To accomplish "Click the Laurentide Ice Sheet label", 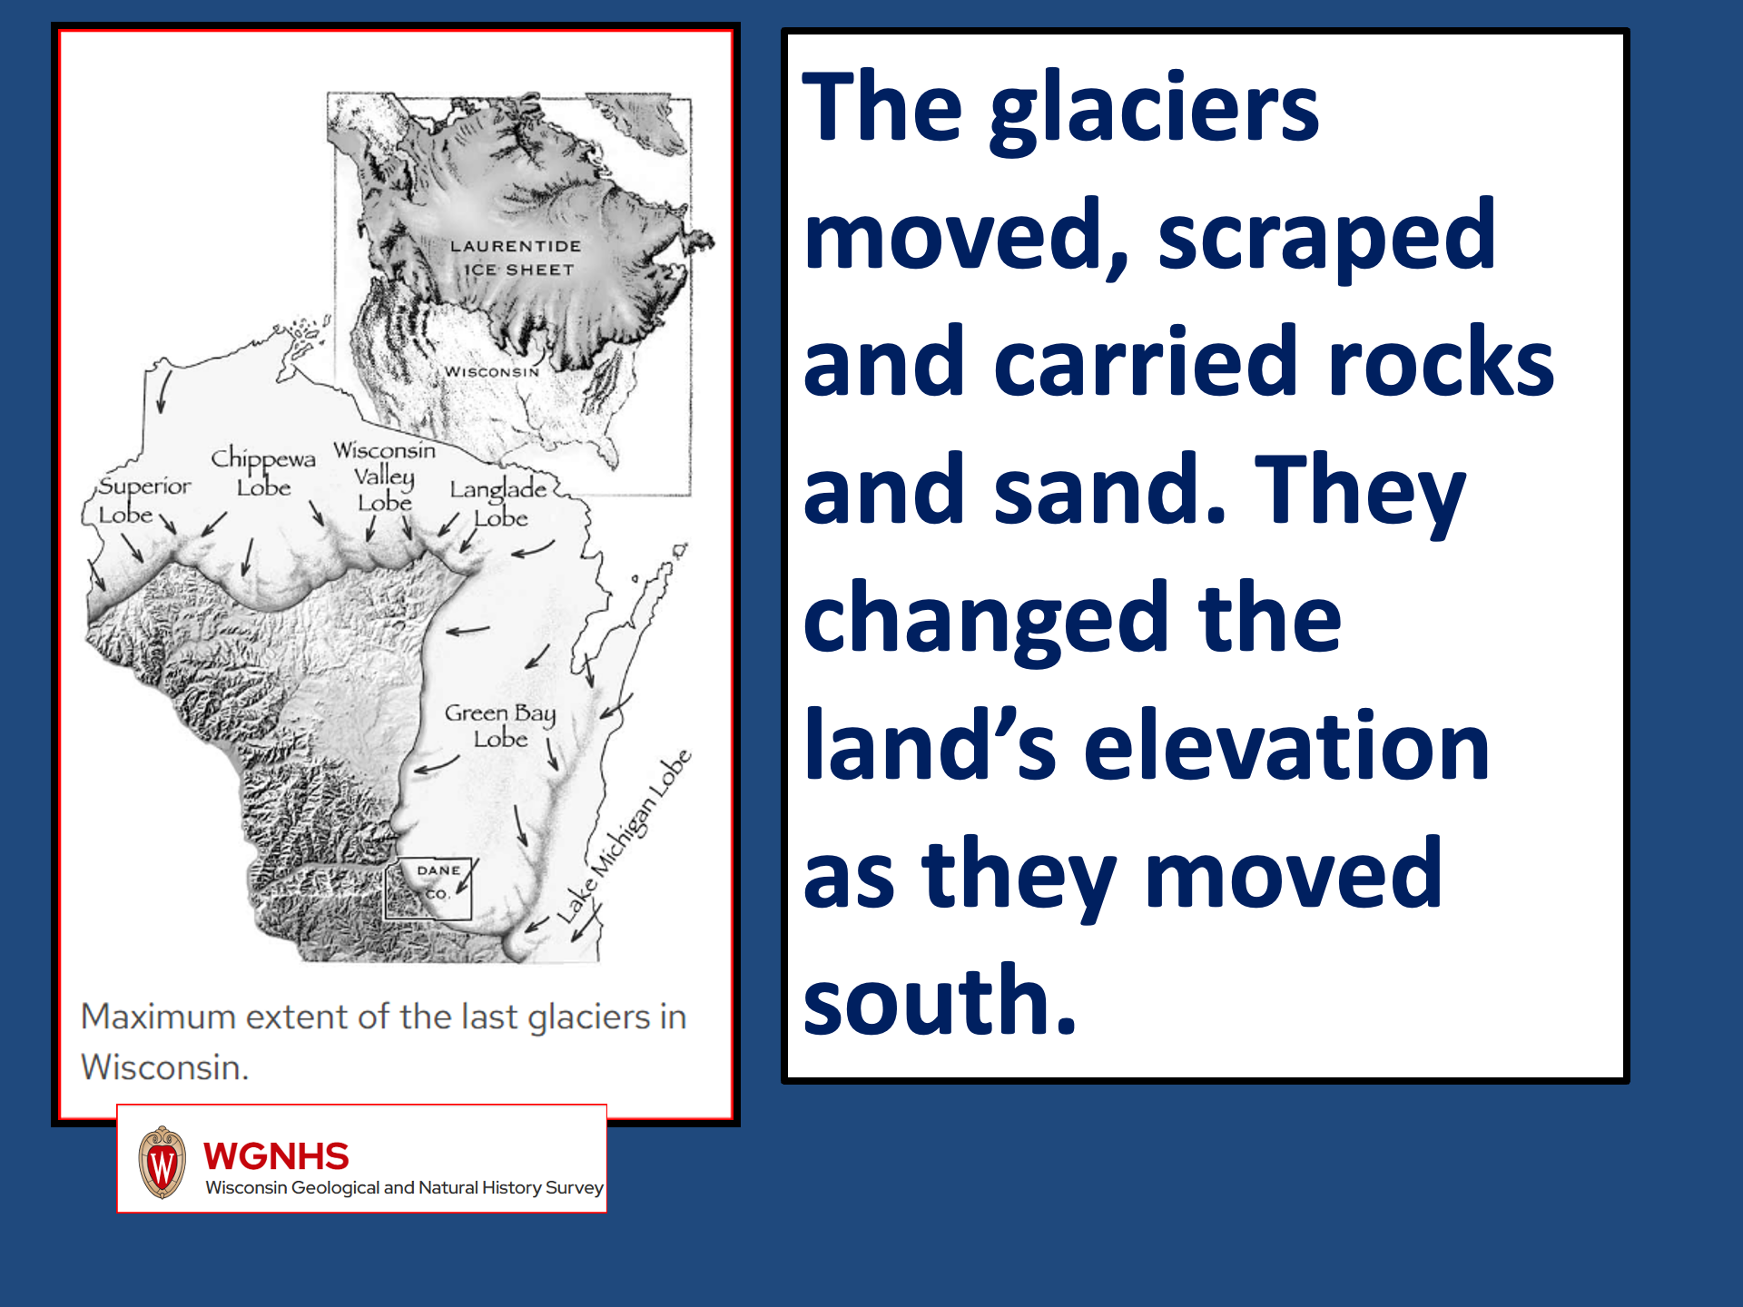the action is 516,258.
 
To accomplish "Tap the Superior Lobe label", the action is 143,499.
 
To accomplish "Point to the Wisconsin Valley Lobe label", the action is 384,477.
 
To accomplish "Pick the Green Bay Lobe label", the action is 500,725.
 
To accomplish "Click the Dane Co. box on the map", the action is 429,889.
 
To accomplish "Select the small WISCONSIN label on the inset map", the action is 491,371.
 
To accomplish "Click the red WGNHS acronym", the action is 276,1156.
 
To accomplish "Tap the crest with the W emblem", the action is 162,1162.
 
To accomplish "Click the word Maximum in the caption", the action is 159,1017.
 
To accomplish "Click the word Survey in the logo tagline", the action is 575,1188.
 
